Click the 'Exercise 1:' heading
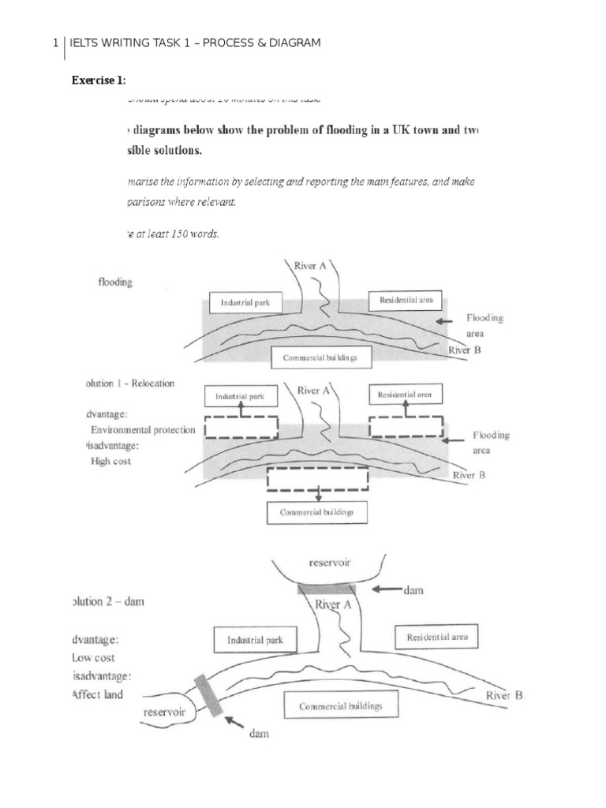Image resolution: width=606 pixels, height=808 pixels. (x=99, y=80)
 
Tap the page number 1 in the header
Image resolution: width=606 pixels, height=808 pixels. (x=55, y=43)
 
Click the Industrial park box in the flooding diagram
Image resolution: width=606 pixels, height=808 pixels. (x=246, y=303)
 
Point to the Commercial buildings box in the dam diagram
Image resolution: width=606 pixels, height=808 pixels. (x=340, y=705)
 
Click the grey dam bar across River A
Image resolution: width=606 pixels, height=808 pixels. (x=327, y=589)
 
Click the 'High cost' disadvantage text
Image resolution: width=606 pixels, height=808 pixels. (x=111, y=461)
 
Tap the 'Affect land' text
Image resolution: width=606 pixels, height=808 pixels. (x=97, y=694)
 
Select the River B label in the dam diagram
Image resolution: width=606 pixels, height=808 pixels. (x=503, y=695)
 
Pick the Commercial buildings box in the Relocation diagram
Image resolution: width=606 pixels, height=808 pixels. (x=317, y=512)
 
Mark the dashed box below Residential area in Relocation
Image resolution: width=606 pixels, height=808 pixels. (x=406, y=425)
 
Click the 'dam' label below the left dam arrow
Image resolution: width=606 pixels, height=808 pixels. (x=259, y=734)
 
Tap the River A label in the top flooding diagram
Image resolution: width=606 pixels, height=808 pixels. (x=310, y=266)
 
